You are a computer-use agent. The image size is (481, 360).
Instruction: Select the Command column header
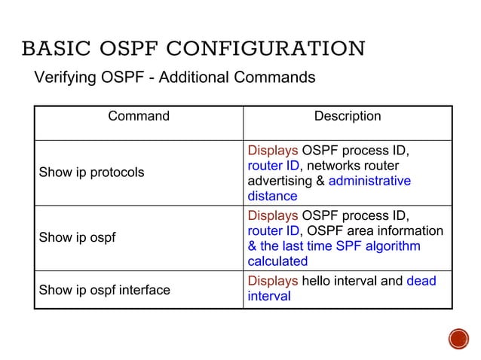click(139, 116)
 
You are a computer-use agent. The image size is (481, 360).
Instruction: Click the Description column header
click(347, 116)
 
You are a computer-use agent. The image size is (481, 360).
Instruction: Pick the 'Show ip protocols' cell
click(91, 172)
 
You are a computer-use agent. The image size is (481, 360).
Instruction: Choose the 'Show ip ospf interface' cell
click(104, 289)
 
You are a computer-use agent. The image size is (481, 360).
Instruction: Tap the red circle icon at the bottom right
click(458, 338)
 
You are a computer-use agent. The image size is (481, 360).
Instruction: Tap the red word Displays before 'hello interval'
click(273, 281)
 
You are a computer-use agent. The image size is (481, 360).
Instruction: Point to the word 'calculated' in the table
click(277, 261)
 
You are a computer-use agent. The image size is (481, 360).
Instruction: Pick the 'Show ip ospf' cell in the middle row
click(77, 238)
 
